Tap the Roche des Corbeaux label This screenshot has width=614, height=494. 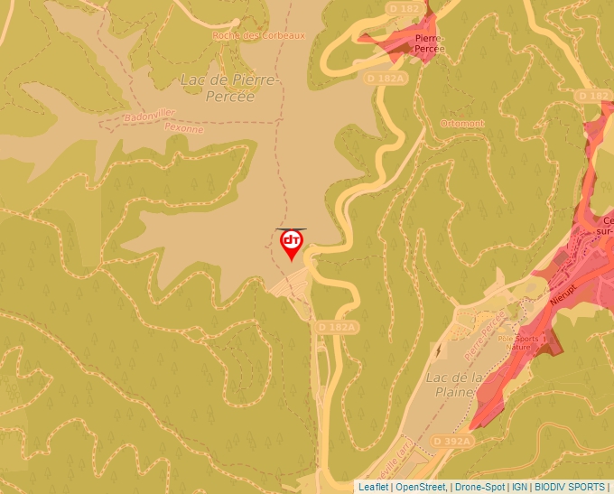[259, 35]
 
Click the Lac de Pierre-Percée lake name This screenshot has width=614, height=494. [231, 88]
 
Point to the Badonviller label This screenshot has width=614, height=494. [150, 116]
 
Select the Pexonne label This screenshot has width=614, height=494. [183, 128]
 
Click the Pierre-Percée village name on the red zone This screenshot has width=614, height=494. [430, 43]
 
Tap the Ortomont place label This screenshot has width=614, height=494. [462, 124]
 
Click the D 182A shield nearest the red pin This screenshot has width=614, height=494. [338, 326]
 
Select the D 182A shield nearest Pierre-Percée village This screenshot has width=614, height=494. [386, 79]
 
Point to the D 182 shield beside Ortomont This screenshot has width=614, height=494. [593, 95]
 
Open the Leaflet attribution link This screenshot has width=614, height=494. [374, 487]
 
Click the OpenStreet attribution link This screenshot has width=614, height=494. [420, 487]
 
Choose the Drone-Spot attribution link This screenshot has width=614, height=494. [479, 487]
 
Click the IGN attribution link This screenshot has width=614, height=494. [519, 487]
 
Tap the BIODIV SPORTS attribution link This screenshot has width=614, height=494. [570, 487]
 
